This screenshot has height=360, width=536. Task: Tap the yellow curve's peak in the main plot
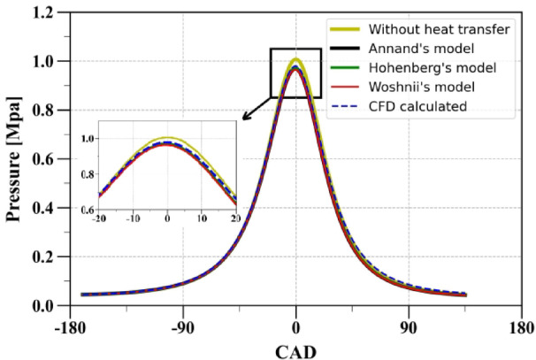296,60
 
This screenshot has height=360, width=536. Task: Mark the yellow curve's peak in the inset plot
166,138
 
